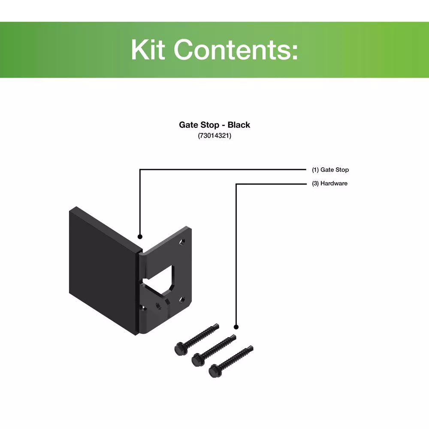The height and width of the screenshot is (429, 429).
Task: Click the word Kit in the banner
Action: click(148, 50)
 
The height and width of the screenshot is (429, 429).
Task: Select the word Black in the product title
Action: click(239, 125)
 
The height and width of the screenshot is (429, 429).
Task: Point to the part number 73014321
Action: click(214, 136)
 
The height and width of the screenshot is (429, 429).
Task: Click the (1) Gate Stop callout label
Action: click(330, 170)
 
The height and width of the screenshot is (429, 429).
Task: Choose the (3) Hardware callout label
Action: click(329, 184)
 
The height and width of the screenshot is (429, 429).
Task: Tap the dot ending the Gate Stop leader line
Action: click(139, 236)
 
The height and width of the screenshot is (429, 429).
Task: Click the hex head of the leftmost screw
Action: click(179, 348)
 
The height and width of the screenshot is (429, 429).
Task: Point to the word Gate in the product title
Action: click(189, 125)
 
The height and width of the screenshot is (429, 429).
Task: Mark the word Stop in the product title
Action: click(212, 125)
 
